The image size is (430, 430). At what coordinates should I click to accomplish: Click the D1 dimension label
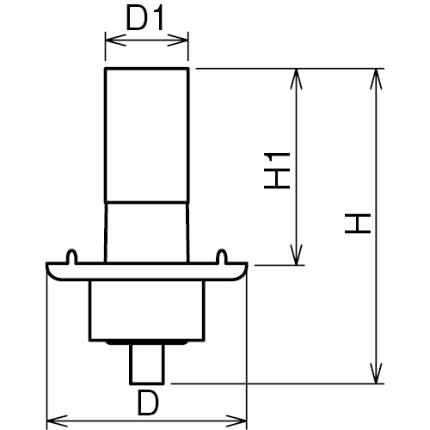point(145,19)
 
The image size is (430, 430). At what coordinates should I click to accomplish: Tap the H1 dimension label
point(277,171)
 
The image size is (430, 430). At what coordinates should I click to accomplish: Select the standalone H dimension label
point(358,223)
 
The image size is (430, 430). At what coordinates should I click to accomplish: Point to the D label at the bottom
point(148,403)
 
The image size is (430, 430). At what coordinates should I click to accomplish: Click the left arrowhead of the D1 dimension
point(115,40)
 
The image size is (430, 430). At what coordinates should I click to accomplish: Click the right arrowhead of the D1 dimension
point(178,40)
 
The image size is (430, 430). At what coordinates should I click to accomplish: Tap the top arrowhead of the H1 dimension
point(297,79)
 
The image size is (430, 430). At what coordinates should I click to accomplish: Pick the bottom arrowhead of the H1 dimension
point(297,255)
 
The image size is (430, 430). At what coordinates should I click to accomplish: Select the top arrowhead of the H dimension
point(376,79)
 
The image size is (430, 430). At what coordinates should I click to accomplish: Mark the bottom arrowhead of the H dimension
point(376,373)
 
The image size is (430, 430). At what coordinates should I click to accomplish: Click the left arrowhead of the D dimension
point(57,421)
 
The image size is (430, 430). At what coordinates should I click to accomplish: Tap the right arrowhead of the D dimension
point(236,421)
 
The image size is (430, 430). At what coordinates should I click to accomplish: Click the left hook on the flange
point(71,256)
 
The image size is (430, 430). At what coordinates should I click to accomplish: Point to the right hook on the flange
point(222,256)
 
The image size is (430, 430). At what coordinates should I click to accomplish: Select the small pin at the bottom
point(147,364)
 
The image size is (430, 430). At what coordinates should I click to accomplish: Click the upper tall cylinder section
point(147,136)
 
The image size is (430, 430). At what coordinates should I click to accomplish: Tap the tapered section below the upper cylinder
point(147,233)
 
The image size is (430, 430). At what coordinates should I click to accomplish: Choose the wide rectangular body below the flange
point(147,310)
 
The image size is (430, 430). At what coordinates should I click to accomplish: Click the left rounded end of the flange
point(51,272)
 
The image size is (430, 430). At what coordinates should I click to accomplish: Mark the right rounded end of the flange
point(243,272)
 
